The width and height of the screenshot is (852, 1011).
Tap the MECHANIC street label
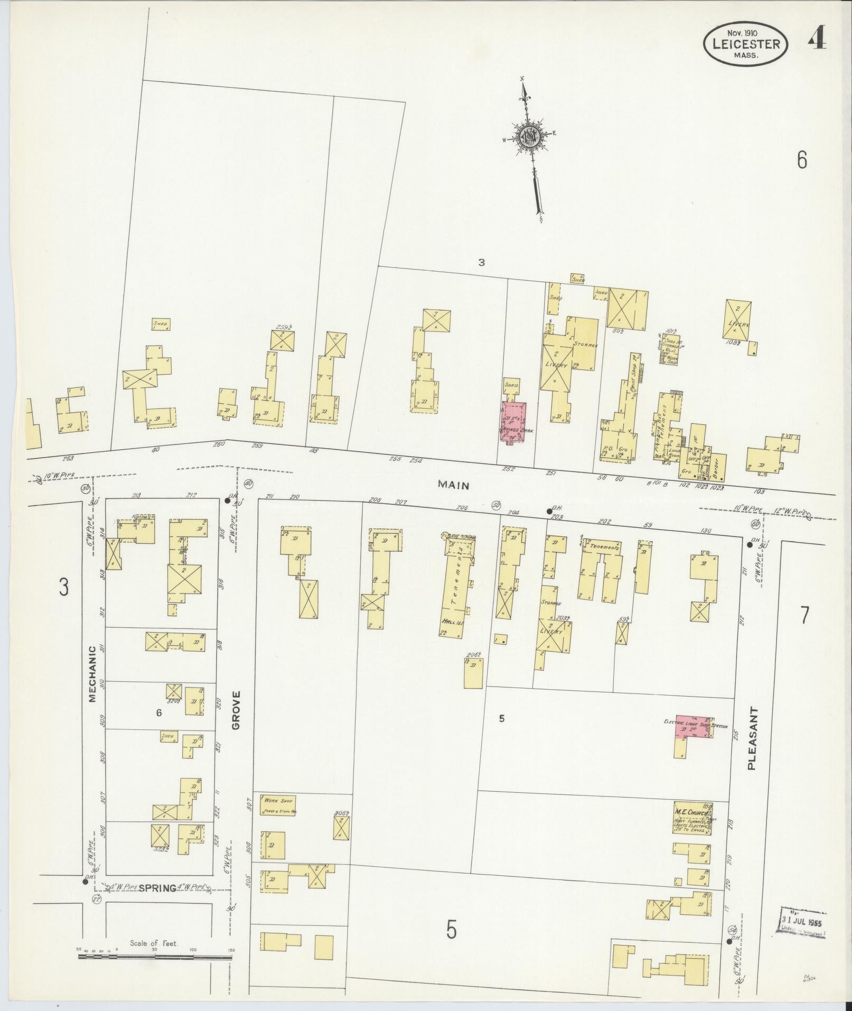pyautogui.click(x=92, y=673)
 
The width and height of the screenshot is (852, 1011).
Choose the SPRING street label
pyautogui.click(x=157, y=888)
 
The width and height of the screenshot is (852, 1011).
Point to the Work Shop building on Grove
pyautogui.click(x=277, y=820)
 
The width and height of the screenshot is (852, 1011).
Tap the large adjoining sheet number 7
pyautogui.click(x=804, y=616)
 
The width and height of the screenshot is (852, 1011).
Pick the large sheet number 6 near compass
pyautogui.click(x=802, y=160)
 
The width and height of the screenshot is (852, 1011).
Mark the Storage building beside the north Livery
pyautogui.click(x=585, y=344)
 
